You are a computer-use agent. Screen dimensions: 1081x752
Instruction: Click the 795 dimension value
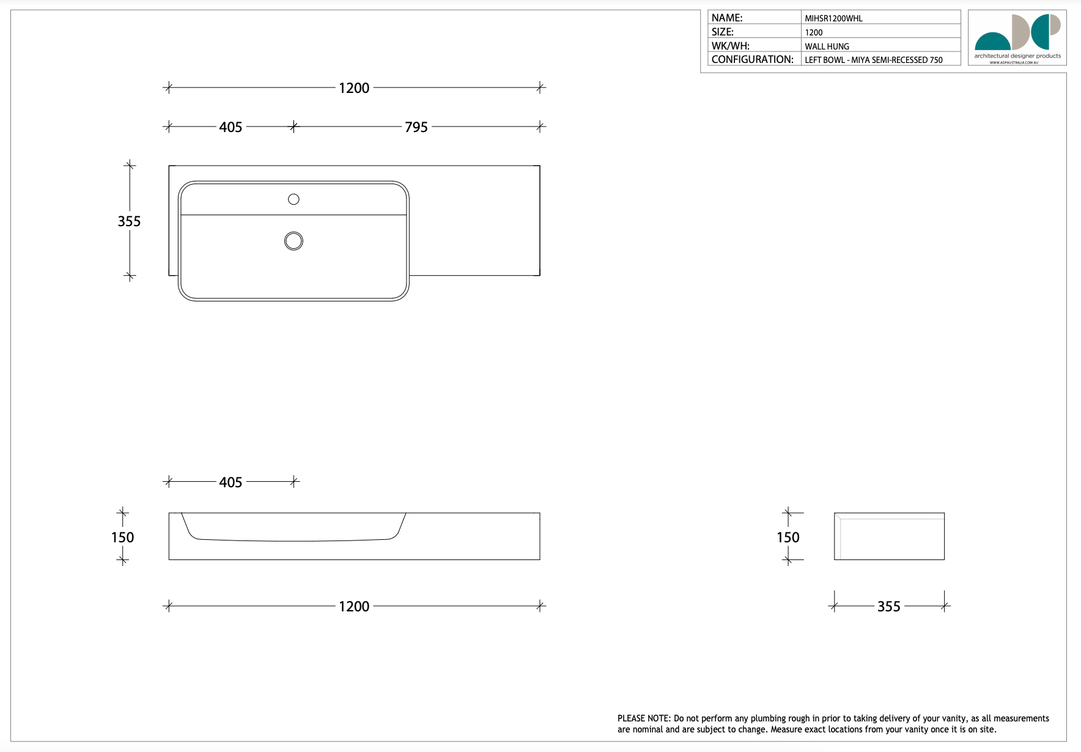click(x=416, y=127)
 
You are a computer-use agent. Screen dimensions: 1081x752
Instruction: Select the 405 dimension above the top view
click(x=231, y=127)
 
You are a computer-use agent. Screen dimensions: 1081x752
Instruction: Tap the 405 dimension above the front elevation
click(x=231, y=482)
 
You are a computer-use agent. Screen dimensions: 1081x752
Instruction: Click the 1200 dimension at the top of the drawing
click(x=354, y=88)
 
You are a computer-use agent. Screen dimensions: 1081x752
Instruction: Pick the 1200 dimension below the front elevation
click(x=354, y=606)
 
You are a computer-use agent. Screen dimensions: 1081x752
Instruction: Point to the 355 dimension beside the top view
click(x=129, y=221)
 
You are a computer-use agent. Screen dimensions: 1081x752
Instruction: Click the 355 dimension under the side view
click(x=889, y=606)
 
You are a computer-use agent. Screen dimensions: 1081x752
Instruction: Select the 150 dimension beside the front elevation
click(x=122, y=537)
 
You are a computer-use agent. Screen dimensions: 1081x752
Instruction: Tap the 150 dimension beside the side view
click(x=788, y=537)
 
